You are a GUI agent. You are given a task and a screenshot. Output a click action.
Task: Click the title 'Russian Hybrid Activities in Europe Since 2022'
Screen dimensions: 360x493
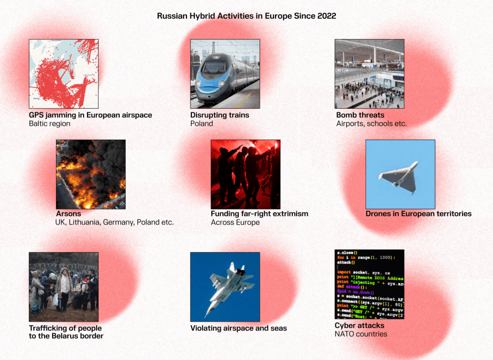(x=246, y=16)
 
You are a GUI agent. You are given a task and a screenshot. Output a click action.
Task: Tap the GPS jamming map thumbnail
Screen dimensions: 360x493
(x=63, y=74)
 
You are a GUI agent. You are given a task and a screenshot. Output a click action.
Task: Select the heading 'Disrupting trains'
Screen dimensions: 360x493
(x=219, y=115)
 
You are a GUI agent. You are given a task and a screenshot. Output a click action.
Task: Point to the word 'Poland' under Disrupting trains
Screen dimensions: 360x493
(x=202, y=124)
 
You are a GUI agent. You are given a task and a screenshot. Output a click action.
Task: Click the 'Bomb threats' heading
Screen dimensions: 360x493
(x=360, y=115)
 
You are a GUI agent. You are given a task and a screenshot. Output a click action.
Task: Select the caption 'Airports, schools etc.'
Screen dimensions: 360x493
(x=371, y=124)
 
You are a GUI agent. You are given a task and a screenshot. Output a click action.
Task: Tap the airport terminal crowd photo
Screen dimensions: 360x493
(x=369, y=74)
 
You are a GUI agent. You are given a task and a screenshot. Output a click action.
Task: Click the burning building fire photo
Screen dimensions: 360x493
(x=90, y=174)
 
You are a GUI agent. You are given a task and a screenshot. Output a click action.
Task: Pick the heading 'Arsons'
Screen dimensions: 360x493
(x=69, y=214)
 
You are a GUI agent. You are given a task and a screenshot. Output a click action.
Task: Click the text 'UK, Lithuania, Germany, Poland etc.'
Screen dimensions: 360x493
(x=115, y=222)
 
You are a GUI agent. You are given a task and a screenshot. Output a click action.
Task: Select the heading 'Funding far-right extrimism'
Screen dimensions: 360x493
(x=259, y=214)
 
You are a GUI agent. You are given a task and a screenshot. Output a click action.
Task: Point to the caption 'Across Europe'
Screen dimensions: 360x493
(x=235, y=222)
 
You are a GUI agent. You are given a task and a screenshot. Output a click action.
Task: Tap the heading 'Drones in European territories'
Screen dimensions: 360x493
(x=418, y=214)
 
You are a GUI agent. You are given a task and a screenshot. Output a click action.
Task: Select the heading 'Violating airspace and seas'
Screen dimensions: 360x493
(x=238, y=328)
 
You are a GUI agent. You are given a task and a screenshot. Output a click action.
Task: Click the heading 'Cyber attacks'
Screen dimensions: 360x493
(x=359, y=326)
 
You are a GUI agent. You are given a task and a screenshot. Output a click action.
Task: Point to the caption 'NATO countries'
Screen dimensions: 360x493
(x=361, y=334)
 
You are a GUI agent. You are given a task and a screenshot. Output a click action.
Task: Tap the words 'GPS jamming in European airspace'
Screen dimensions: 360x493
(x=90, y=115)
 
